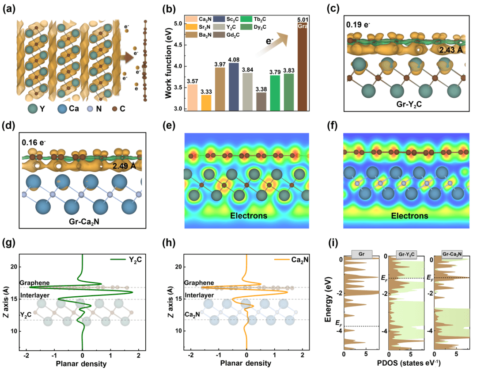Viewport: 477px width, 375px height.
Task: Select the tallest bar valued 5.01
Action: coord(303,66)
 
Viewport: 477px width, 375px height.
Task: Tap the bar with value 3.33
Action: coord(206,102)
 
